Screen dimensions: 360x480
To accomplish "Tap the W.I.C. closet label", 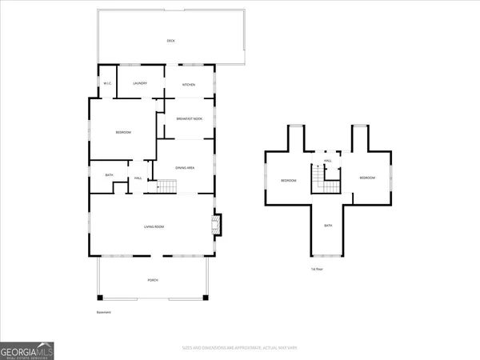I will pos(107,84).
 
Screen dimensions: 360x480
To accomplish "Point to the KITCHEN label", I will pos(189,84).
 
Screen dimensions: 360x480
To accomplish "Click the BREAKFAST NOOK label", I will pos(189,119).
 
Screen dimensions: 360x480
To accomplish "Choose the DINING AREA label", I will pos(186,167).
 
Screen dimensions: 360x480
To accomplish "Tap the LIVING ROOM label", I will pos(154,227).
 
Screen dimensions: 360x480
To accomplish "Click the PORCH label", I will pos(153,280).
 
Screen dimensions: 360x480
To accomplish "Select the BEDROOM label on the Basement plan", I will pos(123,132).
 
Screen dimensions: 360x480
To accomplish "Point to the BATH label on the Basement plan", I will pos(109,176).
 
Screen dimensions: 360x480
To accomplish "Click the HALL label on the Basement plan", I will pos(138,178).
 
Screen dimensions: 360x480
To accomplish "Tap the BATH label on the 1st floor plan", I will pos(328,226).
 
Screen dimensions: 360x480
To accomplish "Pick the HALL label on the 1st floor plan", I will pos(328,160).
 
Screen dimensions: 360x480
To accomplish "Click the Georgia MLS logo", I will pos(27,350).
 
